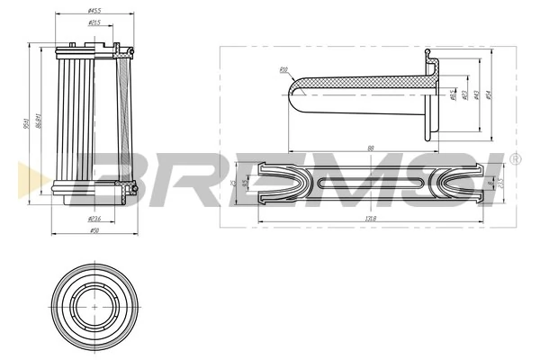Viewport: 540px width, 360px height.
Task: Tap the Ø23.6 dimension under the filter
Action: click(x=94, y=219)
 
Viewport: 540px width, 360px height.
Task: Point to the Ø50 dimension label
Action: click(x=94, y=231)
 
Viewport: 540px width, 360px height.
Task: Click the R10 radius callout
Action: click(x=283, y=68)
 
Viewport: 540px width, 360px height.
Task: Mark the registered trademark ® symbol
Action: click(x=514, y=159)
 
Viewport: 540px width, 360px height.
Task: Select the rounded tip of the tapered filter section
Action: click(x=296, y=94)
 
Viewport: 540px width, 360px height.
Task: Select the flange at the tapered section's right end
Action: click(x=429, y=94)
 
